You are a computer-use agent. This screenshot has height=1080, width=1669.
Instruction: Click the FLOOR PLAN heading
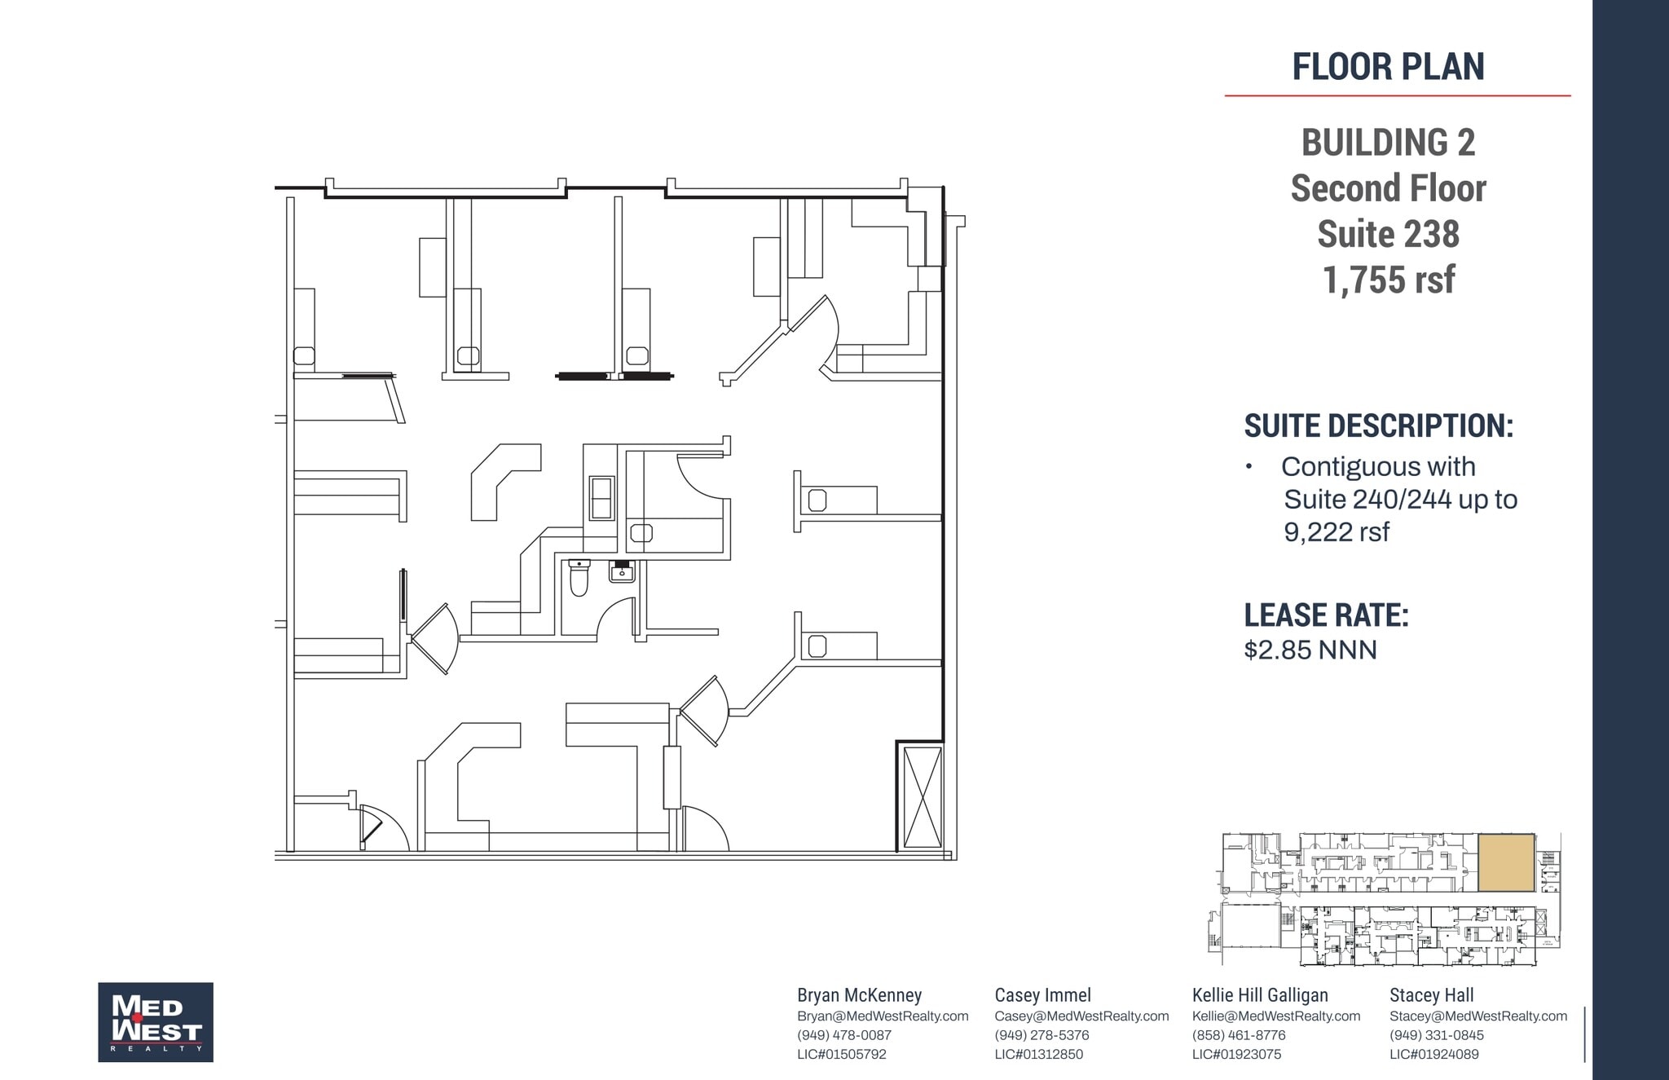click(x=1388, y=67)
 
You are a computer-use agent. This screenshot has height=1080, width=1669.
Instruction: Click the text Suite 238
click(x=1388, y=234)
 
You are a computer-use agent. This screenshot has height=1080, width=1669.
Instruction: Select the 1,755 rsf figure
click(x=1388, y=280)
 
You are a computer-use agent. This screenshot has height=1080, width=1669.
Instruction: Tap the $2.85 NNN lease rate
click(x=1310, y=650)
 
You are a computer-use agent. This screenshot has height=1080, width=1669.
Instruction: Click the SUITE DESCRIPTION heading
click(x=1378, y=425)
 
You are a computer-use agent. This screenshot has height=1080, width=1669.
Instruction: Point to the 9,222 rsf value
click(x=1337, y=532)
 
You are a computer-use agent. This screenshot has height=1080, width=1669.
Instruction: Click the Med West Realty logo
click(x=156, y=1021)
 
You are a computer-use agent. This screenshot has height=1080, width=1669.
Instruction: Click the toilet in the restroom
click(x=579, y=578)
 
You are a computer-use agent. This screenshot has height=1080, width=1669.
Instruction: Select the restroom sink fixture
click(x=622, y=572)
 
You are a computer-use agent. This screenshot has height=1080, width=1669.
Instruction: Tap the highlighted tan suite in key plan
click(x=1506, y=862)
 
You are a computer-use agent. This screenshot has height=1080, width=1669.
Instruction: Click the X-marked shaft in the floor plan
click(x=923, y=797)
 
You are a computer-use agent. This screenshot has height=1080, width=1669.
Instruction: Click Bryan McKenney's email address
click(x=883, y=1016)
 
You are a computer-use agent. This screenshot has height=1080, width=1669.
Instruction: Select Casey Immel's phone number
click(x=1041, y=1035)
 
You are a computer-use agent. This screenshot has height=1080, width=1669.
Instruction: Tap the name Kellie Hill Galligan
click(x=1260, y=995)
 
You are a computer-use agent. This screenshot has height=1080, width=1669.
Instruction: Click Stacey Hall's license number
click(x=1433, y=1054)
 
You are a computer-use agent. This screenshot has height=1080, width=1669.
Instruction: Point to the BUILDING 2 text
click(x=1388, y=143)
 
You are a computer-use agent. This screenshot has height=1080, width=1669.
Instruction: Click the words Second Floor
click(x=1388, y=188)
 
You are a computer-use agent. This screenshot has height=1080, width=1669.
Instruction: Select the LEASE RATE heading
click(x=1326, y=615)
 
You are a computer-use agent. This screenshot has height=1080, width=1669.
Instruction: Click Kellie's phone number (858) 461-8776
click(x=1238, y=1035)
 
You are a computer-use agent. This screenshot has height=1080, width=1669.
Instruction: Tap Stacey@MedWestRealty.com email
click(x=1477, y=1016)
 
